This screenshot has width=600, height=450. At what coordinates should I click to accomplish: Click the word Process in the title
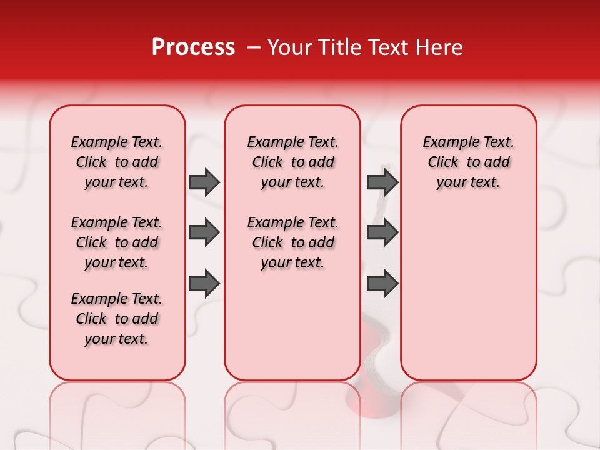point(193,47)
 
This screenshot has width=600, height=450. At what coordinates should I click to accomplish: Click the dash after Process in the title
point(253,48)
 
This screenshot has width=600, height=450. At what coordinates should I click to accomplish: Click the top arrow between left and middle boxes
point(204,182)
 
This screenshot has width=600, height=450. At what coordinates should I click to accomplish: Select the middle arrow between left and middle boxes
point(204,233)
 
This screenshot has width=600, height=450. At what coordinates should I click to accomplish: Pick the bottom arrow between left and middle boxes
point(204,284)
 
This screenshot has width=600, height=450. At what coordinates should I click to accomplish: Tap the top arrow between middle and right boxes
point(382,182)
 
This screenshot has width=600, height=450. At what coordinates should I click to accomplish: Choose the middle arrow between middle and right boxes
point(382,233)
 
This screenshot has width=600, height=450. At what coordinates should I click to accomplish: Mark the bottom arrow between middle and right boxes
point(382,284)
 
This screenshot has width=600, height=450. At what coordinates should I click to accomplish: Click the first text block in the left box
point(117,162)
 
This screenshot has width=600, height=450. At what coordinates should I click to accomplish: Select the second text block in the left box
point(117,242)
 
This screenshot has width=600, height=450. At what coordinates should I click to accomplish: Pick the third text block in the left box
point(117,319)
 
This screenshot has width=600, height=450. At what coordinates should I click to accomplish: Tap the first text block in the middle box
point(292,162)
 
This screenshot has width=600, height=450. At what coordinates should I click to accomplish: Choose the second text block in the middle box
point(292,242)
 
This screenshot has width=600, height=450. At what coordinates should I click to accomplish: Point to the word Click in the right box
point(443,162)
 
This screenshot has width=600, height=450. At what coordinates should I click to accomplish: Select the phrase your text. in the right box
point(468,182)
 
